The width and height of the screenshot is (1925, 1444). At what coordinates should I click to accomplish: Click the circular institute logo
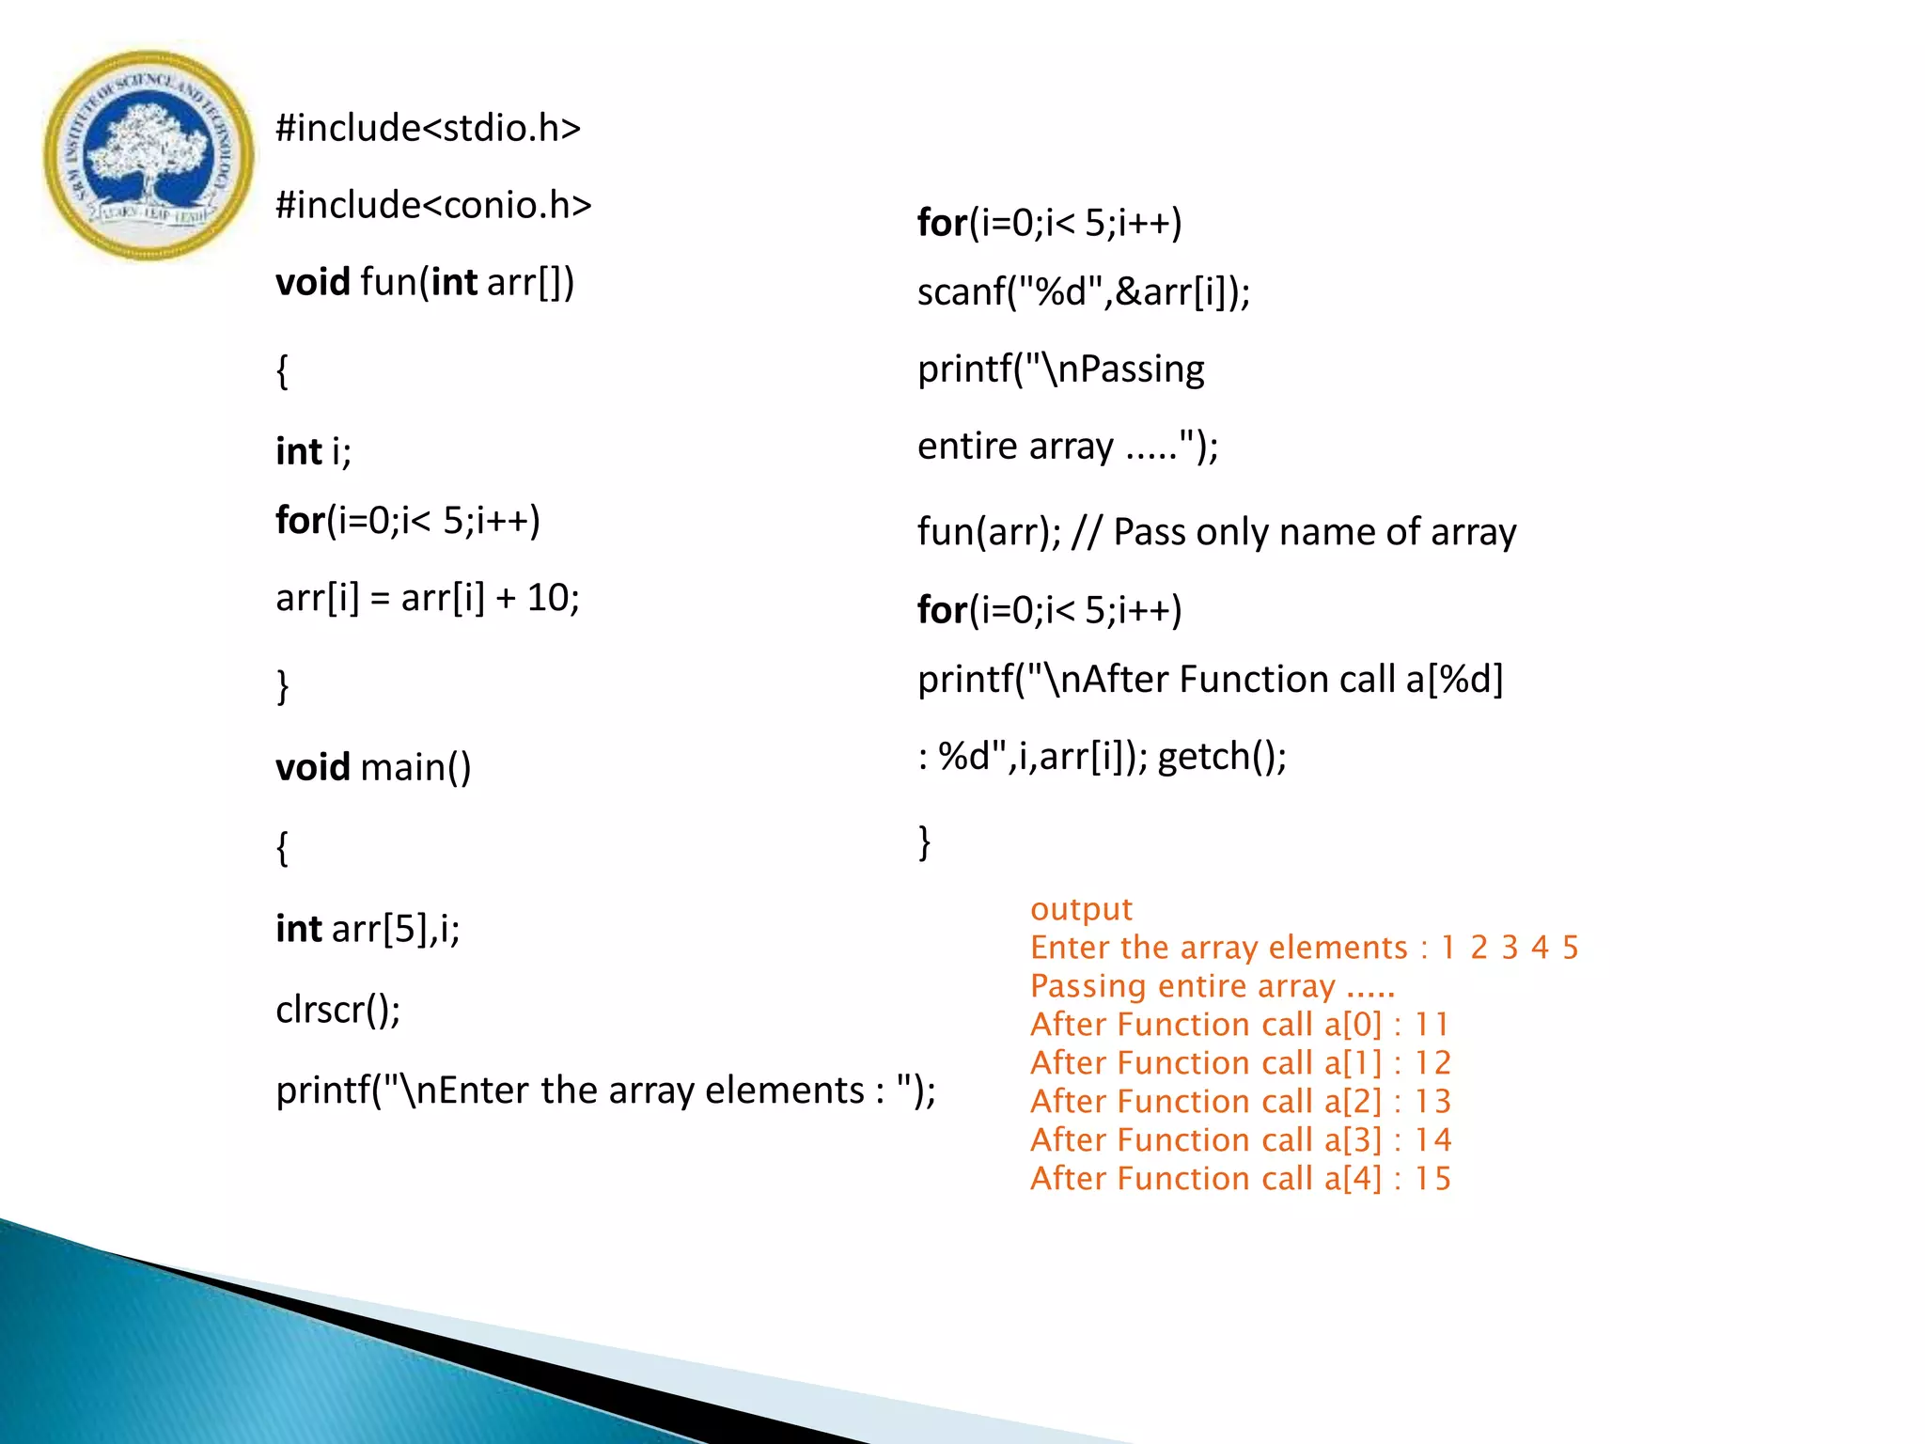[x=148, y=155]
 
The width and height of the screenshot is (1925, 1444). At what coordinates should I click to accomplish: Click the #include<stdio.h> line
[x=428, y=128]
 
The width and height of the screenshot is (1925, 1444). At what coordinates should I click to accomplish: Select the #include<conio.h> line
[x=433, y=205]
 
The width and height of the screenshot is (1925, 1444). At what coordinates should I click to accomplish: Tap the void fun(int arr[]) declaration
[x=425, y=282]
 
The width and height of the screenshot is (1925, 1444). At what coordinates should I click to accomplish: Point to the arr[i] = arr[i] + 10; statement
[x=428, y=598]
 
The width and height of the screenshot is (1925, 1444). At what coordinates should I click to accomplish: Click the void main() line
[x=373, y=767]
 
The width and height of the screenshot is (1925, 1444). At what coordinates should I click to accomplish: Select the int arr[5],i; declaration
[x=368, y=929]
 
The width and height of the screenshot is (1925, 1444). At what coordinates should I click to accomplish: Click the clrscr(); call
[x=338, y=1010]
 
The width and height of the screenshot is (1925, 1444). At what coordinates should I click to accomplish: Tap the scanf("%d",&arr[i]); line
[x=1084, y=292]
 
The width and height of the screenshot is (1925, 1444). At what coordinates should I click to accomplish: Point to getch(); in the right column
[x=1222, y=756]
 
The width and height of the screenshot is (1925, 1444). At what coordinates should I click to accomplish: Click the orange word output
[x=1081, y=909]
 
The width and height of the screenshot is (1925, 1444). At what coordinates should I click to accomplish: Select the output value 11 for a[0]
[x=1432, y=1025]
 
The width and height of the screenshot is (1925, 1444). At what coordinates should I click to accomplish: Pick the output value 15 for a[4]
[x=1432, y=1179]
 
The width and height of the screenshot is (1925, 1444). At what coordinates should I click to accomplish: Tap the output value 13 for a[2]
[x=1432, y=1102]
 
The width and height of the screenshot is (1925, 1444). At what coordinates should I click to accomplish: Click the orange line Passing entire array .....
[x=1213, y=986]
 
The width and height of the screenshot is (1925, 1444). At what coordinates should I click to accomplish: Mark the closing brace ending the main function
[x=924, y=841]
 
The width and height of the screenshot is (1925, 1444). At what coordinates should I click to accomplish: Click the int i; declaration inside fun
[x=313, y=451]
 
